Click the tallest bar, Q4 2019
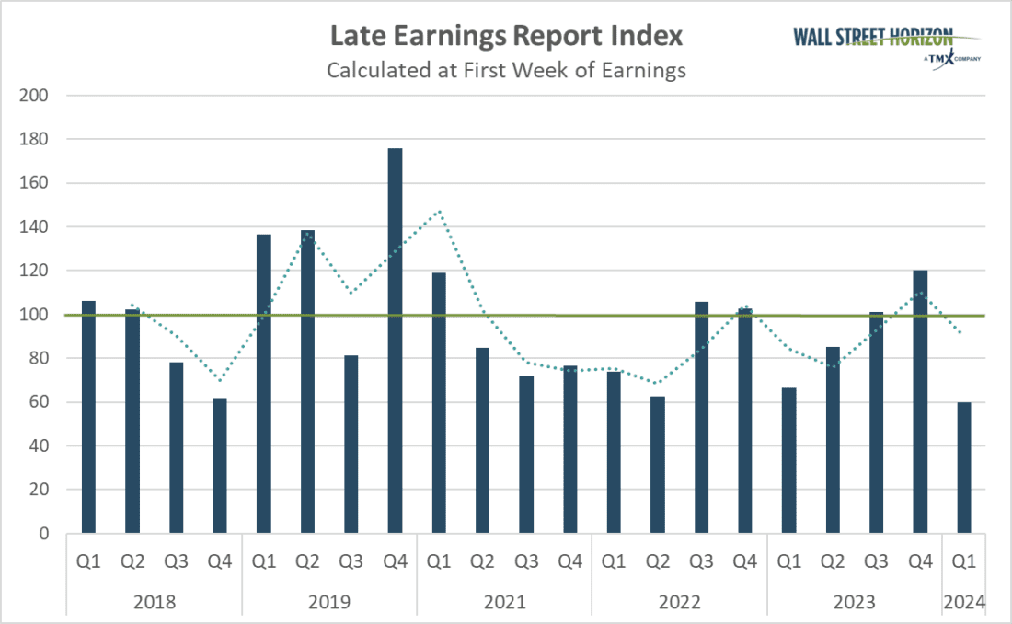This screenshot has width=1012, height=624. click(x=395, y=341)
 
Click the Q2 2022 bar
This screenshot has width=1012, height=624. click(x=657, y=465)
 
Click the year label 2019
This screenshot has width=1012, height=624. click(x=329, y=602)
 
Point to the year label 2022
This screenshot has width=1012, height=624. click(x=679, y=602)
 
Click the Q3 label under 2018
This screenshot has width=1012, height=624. click(x=176, y=560)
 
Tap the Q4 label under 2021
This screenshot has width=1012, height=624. click(x=569, y=560)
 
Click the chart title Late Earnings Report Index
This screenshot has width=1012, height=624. click(x=506, y=37)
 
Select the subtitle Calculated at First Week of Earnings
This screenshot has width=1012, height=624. click(x=506, y=70)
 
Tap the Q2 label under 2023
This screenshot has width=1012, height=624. click(x=832, y=560)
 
